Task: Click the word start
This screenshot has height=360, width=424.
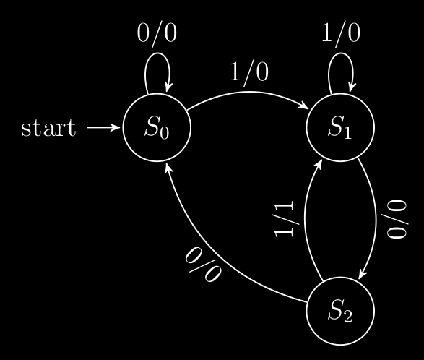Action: pyautogui.click(x=48, y=127)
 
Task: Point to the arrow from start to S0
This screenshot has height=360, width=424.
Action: pyautogui.click(x=103, y=127)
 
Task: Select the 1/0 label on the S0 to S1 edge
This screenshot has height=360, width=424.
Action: pyautogui.click(x=249, y=72)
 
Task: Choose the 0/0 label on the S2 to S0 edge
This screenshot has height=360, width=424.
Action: pyautogui.click(x=204, y=265)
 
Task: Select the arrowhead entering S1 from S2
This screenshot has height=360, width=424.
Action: pyautogui.click(x=319, y=164)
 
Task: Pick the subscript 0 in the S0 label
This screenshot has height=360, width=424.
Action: pyautogui.click(x=165, y=132)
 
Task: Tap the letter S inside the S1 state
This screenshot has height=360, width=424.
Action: pyautogui.click(x=335, y=126)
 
